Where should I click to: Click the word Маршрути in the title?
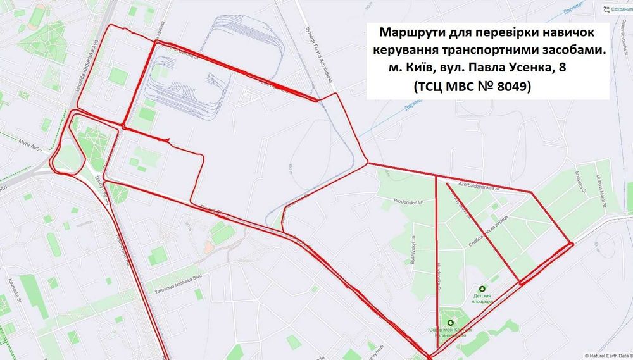[408, 32]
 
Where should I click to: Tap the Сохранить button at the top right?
[617, 9]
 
